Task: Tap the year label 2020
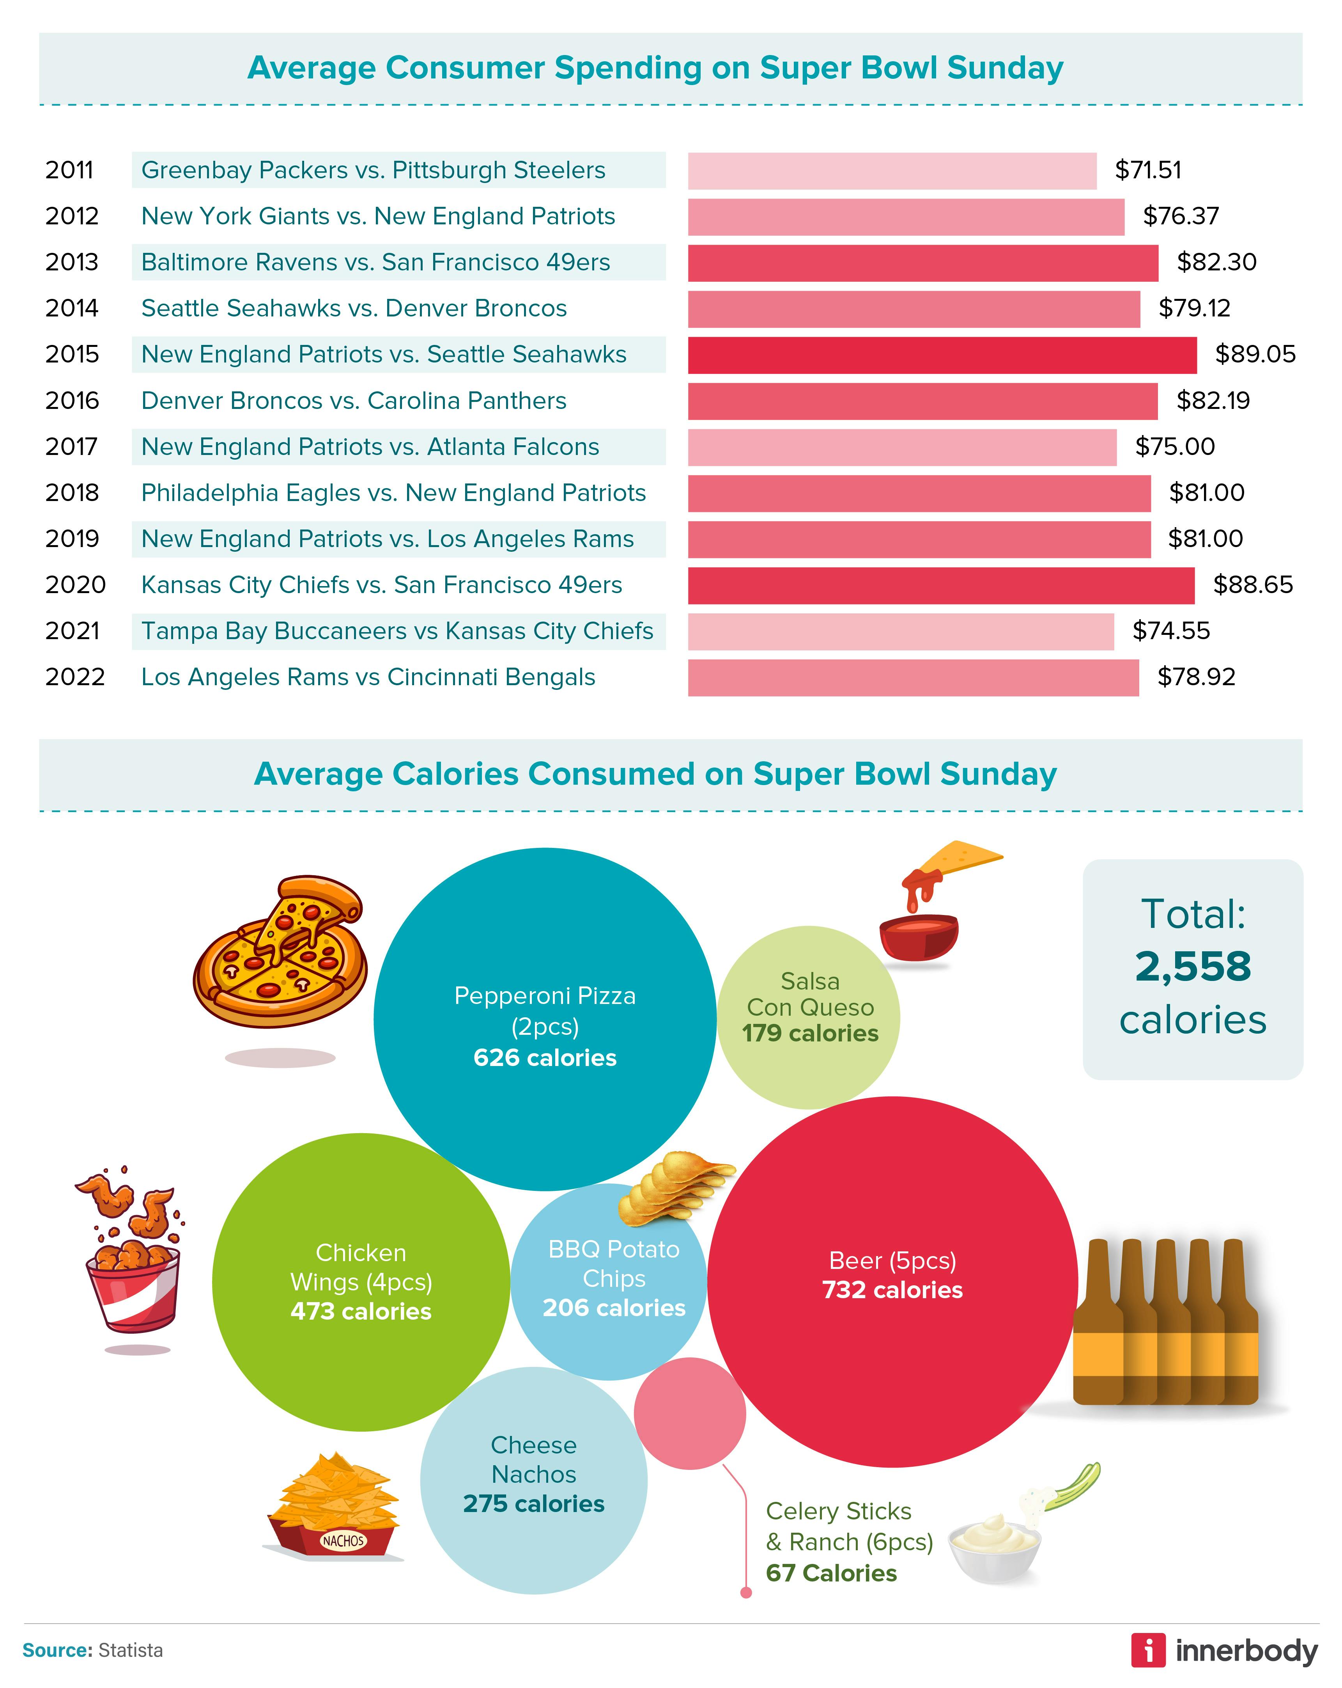pos(75,585)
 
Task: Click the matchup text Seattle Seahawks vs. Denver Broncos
pos(354,309)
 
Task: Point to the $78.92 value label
pos(1196,677)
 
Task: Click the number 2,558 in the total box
pos(1193,967)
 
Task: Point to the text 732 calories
pos(892,1290)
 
